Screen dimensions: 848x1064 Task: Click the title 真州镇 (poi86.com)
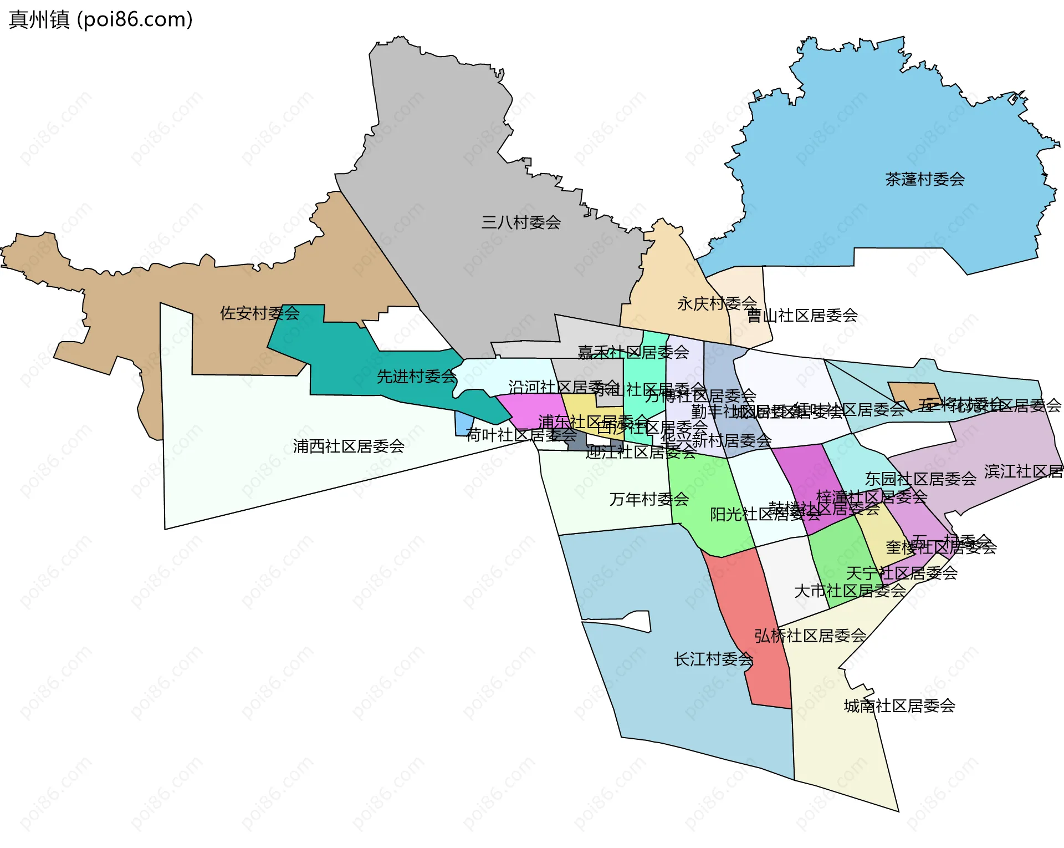click(x=101, y=19)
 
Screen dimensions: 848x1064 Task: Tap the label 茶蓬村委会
click(x=924, y=179)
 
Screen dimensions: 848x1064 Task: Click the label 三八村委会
click(x=521, y=222)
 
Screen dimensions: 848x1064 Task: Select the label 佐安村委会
click(x=259, y=313)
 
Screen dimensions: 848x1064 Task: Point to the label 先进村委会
click(x=416, y=377)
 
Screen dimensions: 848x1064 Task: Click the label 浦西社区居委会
click(x=349, y=446)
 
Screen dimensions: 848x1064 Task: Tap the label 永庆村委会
click(x=717, y=303)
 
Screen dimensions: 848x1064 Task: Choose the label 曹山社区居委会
click(x=802, y=316)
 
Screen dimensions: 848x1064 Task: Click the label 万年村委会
click(x=649, y=499)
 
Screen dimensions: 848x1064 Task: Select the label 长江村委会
click(x=713, y=659)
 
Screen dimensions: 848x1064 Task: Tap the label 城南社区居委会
click(x=899, y=706)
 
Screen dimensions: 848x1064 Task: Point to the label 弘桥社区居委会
click(x=810, y=636)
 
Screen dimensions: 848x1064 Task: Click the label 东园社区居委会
click(x=920, y=479)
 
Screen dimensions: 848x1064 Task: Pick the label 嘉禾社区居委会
click(x=633, y=352)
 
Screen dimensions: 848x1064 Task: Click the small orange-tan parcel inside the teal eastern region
click(x=913, y=395)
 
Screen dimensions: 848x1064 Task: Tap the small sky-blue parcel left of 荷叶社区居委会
click(x=463, y=424)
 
